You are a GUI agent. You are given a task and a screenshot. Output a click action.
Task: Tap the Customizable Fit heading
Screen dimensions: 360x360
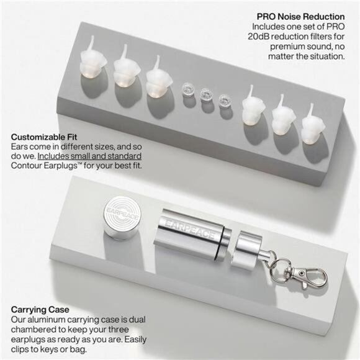click(44, 135)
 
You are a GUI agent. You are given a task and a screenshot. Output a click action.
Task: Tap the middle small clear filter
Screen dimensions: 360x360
click(205, 95)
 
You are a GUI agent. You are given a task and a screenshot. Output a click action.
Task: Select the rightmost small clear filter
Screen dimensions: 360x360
click(224, 98)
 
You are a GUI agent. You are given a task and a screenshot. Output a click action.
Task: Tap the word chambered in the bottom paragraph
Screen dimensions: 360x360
click(34, 329)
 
